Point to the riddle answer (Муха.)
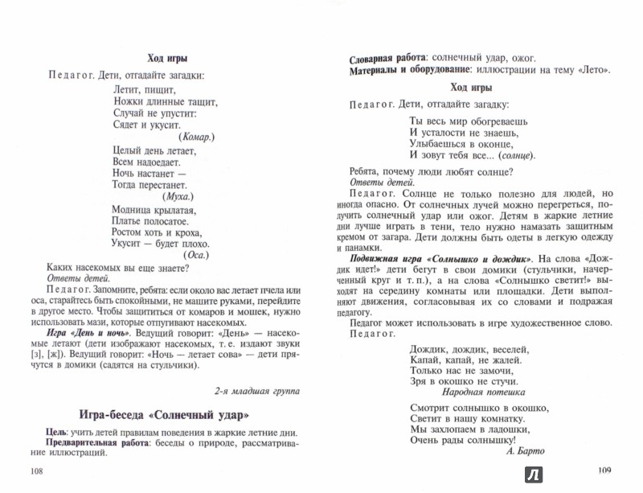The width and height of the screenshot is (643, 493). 179,197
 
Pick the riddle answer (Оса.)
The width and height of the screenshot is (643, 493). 197,256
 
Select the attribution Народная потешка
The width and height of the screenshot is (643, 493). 483,393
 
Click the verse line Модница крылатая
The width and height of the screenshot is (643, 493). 151,211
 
